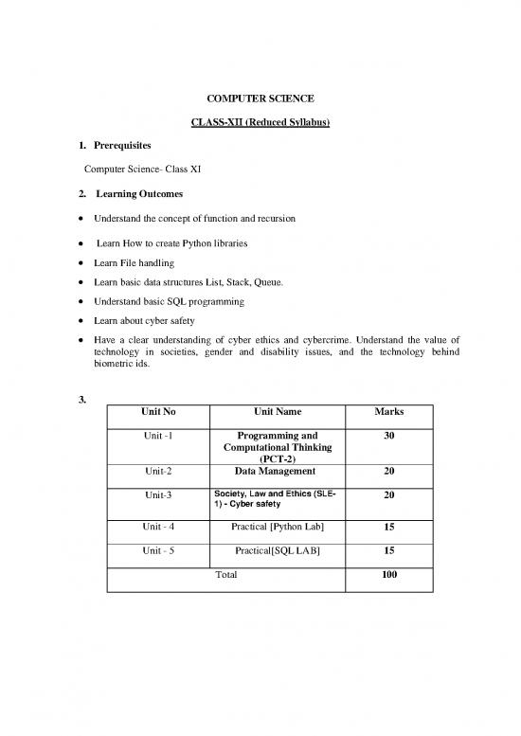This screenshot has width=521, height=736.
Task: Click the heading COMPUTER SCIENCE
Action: click(260, 99)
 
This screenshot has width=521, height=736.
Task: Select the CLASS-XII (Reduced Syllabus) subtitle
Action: click(260, 124)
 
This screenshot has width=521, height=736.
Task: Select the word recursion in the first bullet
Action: click(274, 219)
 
